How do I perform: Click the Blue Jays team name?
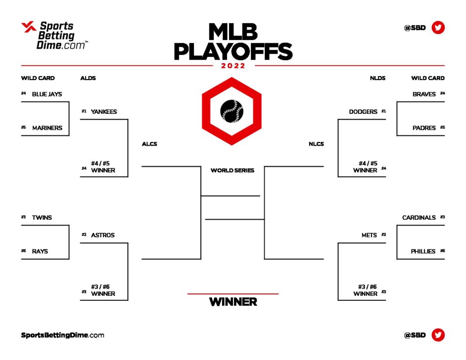(47, 94)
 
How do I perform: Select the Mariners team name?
(47, 128)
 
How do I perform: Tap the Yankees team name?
(104, 112)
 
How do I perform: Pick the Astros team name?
(102, 235)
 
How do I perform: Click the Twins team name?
(42, 218)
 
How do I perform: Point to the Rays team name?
(40, 251)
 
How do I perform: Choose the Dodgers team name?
(363, 112)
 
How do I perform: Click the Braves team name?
(424, 94)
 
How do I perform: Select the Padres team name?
(424, 128)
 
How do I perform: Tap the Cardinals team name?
(419, 218)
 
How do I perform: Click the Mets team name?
(369, 235)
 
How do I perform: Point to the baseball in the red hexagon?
(232, 111)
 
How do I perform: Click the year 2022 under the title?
(233, 66)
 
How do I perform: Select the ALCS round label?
(149, 144)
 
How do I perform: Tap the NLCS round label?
(316, 144)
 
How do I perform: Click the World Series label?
(232, 171)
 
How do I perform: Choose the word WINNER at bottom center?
(233, 302)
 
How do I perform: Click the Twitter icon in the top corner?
(438, 28)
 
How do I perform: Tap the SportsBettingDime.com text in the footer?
(62, 335)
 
